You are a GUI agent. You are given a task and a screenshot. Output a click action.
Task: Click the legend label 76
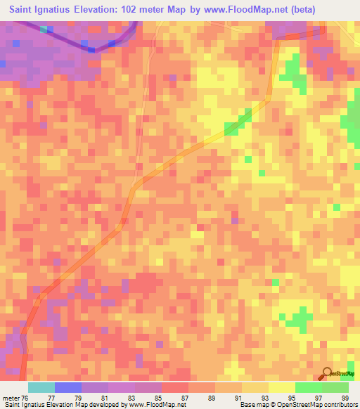pyautogui.click(x=25, y=397)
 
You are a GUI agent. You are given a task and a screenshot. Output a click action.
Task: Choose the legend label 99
pyautogui.click(x=345, y=397)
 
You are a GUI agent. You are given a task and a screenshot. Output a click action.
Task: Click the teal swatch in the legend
pyautogui.click(x=41, y=387)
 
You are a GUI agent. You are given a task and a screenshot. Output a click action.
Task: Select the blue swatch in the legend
pyautogui.click(x=67, y=387)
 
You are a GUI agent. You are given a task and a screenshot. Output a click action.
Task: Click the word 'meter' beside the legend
pyautogui.click(x=11, y=397)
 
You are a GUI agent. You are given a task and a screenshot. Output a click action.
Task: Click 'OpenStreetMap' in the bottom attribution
pyautogui.click(x=293, y=405)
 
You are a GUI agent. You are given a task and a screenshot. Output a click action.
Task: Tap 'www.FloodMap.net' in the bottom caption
pyautogui.click(x=153, y=405)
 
